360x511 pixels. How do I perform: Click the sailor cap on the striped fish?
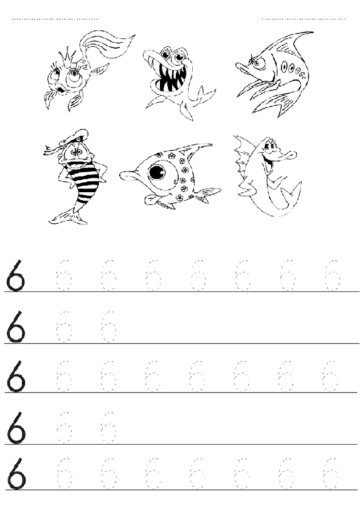tap(75, 137)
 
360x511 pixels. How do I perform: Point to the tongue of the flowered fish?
tap(151, 200)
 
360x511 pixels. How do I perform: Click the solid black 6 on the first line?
tap(15, 276)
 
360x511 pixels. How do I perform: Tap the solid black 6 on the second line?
tap(15, 327)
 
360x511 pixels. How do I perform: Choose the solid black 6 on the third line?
tap(15, 377)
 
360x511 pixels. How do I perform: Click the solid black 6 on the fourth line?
tap(16, 428)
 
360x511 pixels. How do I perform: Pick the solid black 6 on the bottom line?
tap(16, 474)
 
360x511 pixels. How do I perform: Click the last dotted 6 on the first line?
tap(332, 276)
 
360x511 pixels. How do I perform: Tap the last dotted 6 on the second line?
tap(108, 327)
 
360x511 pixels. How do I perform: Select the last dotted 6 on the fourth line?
tap(108, 428)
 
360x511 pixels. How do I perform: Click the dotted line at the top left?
tap(55, 19)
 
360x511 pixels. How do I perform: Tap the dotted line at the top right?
tap(303, 19)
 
